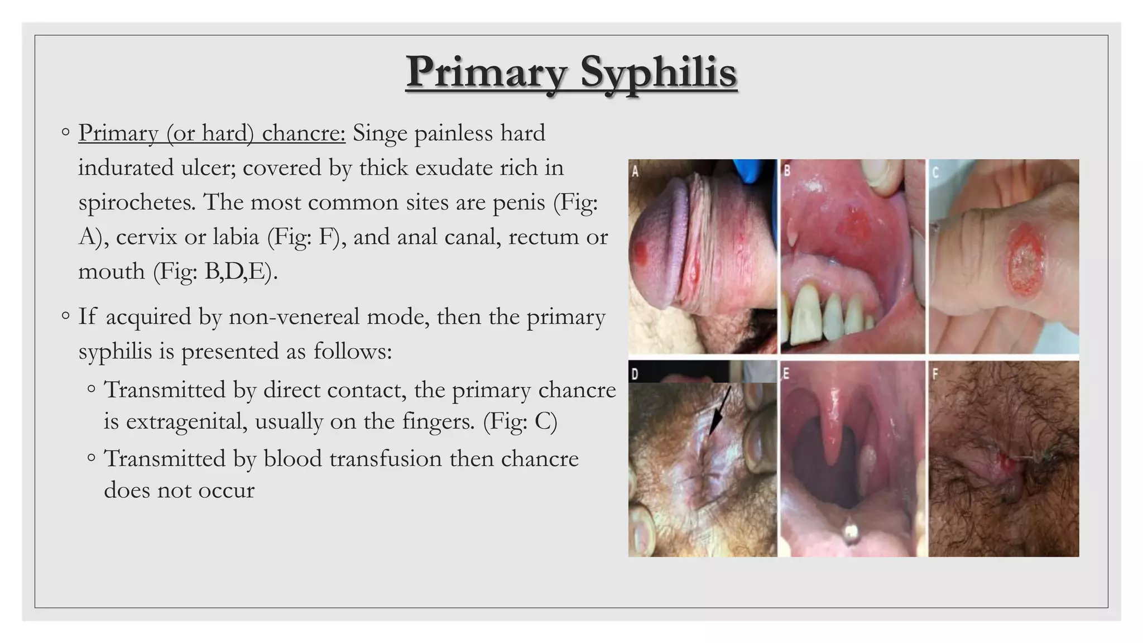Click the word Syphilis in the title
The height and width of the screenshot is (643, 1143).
click(659, 73)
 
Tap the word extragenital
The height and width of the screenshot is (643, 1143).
click(175, 421)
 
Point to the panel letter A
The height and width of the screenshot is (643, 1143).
click(635, 172)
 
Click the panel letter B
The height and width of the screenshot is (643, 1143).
click(787, 171)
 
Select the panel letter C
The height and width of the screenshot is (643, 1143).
click(936, 172)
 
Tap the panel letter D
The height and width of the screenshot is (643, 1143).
click(635, 373)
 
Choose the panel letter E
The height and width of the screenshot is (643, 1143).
click(786, 373)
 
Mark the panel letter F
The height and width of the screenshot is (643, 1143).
click(935, 373)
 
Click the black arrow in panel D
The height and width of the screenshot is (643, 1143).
click(719, 411)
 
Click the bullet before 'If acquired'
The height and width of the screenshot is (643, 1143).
click(66, 316)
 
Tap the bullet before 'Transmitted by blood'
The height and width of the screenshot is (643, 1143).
click(92, 458)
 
